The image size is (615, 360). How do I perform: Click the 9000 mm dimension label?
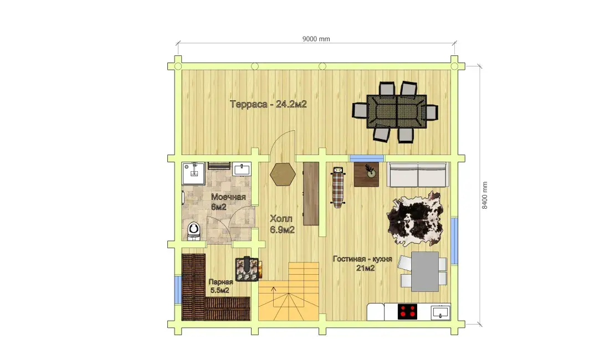coord(316,39)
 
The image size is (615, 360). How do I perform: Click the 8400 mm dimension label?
coord(485,196)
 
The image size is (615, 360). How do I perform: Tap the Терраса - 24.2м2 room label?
coord(268,104)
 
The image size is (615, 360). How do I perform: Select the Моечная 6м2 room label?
coord(228,202)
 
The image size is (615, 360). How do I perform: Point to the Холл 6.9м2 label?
coord(282,224)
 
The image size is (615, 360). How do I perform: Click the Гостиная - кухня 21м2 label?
coord(362,264)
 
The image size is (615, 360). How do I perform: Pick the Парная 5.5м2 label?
coord(221,286)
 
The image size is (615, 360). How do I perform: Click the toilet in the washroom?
coord(193,230)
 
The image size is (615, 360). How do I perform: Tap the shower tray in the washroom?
coord(193,173)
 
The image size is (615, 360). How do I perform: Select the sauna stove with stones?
coord(247,269)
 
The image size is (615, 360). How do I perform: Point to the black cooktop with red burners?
coord(408,312)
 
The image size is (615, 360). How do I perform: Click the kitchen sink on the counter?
coord(440,312)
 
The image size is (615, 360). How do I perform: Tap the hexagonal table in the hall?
coord(283,174)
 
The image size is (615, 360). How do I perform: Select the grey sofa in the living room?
coord(418,174)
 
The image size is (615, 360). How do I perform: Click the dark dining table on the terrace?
coord(397,111)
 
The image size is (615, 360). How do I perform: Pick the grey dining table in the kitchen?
coord(425,271)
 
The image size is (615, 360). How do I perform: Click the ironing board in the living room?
coord(338,187)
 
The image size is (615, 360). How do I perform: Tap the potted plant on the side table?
coord(370,171)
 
